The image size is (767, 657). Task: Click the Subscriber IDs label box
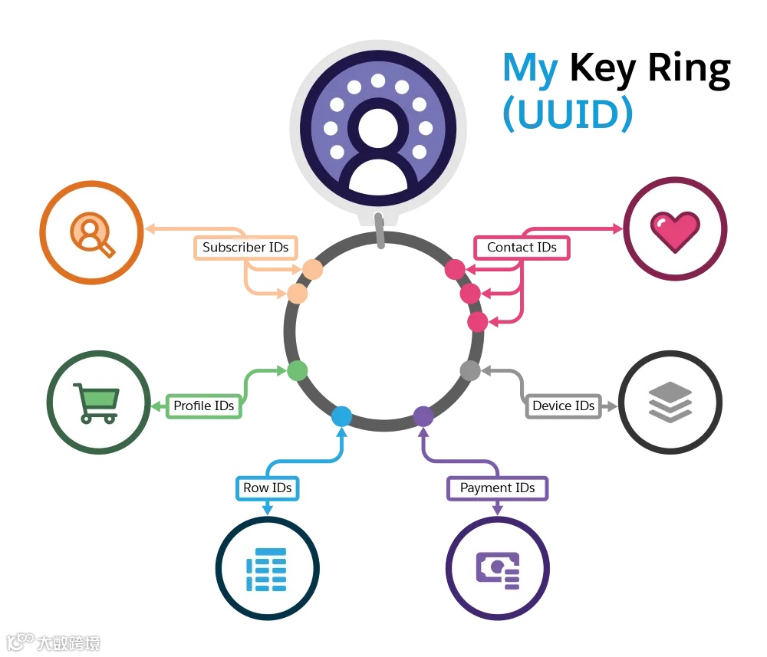click(245, 248)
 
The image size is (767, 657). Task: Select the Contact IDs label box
click(522, 248)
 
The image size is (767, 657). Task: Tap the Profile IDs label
click(203, 406)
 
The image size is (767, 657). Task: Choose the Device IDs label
click(563, 406)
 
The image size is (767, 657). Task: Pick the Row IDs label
click(267, 488)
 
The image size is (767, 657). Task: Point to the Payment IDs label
click(497, 488)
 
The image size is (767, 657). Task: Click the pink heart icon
click(675, 229)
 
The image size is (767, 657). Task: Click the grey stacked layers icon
click(670, 402)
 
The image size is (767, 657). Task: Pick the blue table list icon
click(266, 569)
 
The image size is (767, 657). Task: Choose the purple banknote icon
click(497, 569)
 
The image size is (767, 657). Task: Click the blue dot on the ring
click(341, 416)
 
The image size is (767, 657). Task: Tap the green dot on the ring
click(298, 371)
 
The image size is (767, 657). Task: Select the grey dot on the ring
click(470, 370)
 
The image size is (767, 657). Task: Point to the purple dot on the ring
click(423, 416)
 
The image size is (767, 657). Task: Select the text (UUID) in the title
click(568, 113)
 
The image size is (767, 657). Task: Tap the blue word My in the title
click(530, 69)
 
